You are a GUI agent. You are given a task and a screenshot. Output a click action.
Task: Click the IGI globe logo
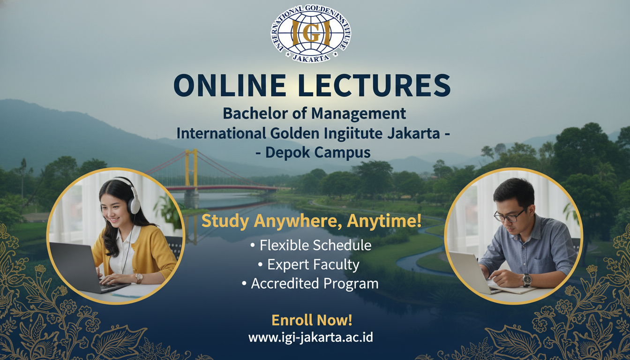[311, 33]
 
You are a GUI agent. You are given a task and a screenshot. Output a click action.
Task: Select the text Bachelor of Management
[314, 114]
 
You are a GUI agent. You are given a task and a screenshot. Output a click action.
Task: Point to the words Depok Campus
[318, 153]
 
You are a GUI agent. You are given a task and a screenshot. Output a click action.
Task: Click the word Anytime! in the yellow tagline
[384, 221]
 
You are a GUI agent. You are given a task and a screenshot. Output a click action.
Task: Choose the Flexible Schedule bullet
[311, 245]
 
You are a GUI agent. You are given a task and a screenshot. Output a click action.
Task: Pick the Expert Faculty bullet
[308, 264]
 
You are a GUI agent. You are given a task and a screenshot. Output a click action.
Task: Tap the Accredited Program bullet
[310, 283]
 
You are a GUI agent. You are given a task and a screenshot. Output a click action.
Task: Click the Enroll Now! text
[312, 320]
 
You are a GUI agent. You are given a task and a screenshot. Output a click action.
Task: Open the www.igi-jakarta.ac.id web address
[310, 337]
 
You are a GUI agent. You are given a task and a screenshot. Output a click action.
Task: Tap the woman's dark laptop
[84, 267]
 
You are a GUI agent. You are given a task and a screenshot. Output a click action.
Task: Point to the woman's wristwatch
[139, 278]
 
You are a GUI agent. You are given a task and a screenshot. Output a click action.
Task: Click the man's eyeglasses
[509, 215]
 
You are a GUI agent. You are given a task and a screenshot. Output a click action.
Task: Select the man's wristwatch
[527, 280]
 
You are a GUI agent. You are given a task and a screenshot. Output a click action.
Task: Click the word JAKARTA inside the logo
[311, 58]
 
